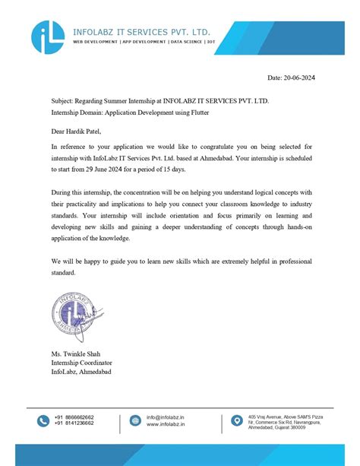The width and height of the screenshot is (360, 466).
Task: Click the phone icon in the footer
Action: click(42, 420)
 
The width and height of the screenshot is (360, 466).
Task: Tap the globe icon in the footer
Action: click(135, 420)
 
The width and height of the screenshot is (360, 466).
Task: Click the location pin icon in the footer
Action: click(237, 420)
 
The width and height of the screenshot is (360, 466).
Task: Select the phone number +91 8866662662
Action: click(74, 417)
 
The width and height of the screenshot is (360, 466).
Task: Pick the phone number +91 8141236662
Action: click(74, 423)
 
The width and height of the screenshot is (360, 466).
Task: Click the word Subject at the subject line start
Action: click(62, 100)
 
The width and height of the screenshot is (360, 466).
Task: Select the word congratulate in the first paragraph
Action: click(205, 145)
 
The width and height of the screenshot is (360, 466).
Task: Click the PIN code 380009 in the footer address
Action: click(314, 428)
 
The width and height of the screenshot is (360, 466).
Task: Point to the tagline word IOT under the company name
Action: click(212, 43)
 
